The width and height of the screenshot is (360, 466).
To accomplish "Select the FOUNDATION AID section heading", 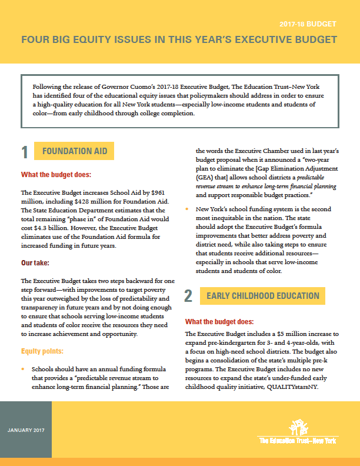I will [75, 151].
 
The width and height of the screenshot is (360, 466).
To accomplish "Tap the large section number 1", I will [25, 152].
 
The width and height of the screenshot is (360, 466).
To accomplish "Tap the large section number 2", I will [188, 296].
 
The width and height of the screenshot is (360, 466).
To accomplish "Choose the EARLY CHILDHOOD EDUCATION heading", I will [263, 296].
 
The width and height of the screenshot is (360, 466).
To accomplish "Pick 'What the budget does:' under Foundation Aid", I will [56, 175].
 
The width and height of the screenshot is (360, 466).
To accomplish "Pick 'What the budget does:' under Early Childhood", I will [219, 322].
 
